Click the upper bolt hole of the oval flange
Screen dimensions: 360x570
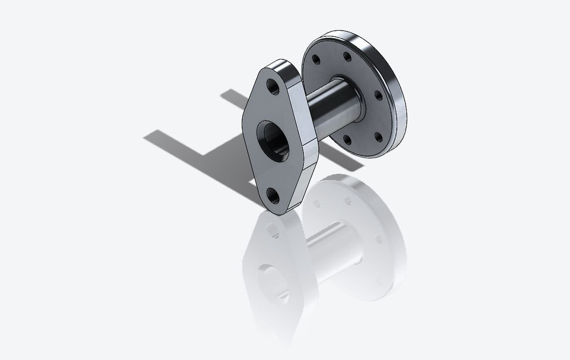[274, 87]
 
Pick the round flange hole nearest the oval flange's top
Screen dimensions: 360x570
[315, 60]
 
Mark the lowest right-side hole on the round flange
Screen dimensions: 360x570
[378, 137]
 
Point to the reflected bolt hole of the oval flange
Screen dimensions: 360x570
[273, 229]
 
